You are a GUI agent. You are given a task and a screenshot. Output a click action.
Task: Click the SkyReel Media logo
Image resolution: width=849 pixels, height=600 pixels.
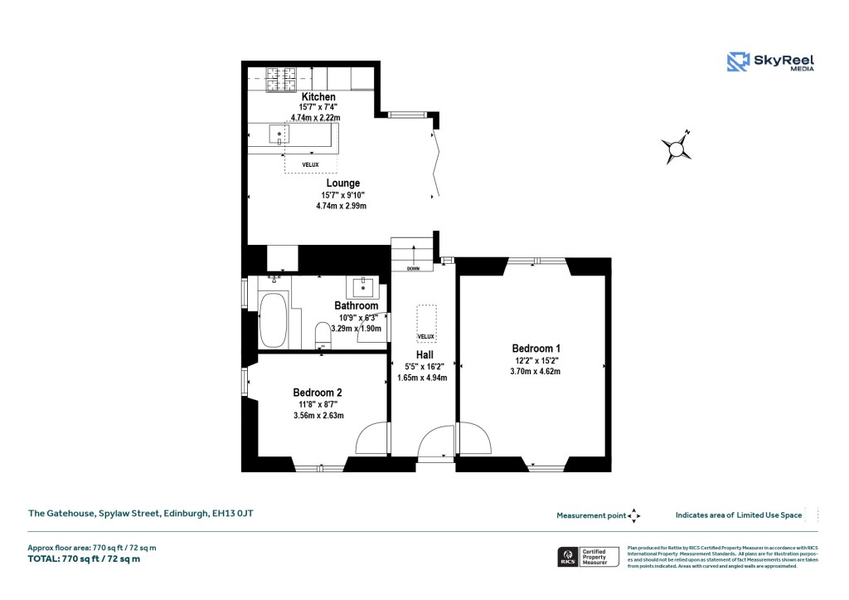click(x=770, y=61)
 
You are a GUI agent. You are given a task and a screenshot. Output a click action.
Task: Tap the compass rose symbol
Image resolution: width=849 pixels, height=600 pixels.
click(x=677, y=149)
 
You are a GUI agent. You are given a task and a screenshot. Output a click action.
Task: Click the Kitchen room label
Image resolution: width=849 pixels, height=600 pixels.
click(x=318, y=97)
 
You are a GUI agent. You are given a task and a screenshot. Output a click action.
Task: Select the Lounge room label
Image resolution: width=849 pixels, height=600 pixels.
click(x=342, y=183)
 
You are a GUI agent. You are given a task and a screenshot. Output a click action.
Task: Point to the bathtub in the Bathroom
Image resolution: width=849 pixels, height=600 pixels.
click(x=272, y=320)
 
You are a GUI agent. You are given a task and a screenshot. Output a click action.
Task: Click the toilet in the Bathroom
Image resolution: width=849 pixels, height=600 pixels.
click(x=322, y=335)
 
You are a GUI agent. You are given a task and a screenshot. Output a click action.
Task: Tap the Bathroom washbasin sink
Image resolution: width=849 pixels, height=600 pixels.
click(x=363, y=288)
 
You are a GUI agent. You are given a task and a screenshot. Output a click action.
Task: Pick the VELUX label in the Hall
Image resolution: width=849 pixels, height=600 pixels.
click(x=426, y=336)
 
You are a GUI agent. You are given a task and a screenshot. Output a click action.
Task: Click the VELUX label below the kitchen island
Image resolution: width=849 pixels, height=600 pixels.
click(x=310, y=164)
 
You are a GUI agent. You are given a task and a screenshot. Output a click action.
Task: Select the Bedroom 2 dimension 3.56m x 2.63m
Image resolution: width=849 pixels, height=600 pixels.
click(x=318, y=416)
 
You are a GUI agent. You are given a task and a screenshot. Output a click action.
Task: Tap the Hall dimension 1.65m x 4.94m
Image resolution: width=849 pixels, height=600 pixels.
click(x=424, y=378)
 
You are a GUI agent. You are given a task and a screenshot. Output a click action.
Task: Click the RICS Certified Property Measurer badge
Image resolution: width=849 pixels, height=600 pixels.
click(x=587, y=556)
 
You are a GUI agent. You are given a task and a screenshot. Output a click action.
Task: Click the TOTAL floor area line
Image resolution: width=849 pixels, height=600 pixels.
click(x=85, y=559)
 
